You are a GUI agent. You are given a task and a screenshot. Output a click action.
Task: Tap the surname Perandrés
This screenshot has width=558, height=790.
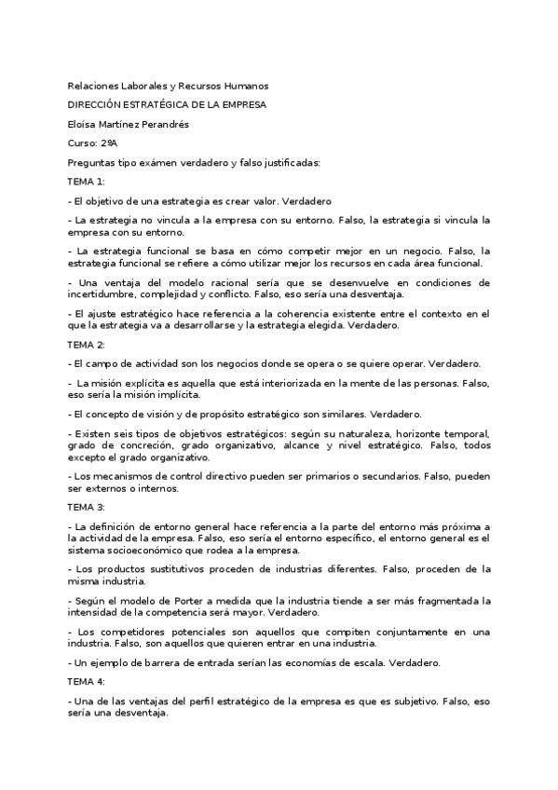[x=170, y=124]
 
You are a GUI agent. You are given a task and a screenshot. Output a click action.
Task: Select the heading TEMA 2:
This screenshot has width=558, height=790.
[x=87, y=344]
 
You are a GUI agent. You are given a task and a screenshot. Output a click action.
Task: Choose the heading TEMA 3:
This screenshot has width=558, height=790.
[x=87, y=507]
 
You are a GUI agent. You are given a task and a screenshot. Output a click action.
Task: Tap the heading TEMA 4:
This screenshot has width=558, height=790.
[x=87, y=682]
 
